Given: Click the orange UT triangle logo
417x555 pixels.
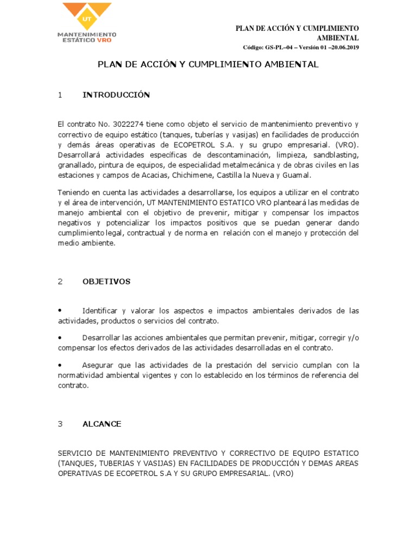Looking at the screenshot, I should pos(87,15).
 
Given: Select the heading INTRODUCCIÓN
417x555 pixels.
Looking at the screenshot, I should pos(116,95).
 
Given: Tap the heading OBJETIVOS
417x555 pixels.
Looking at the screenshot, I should pos(106,281).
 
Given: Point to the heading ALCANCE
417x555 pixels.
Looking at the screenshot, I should pos(102,424).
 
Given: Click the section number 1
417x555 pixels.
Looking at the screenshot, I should pos(60,95).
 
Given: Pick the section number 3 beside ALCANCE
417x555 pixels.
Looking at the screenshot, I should pos(60,424).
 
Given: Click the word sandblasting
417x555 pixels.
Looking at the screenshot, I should pos(336,154).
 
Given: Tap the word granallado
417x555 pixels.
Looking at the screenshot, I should pos(77,165).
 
